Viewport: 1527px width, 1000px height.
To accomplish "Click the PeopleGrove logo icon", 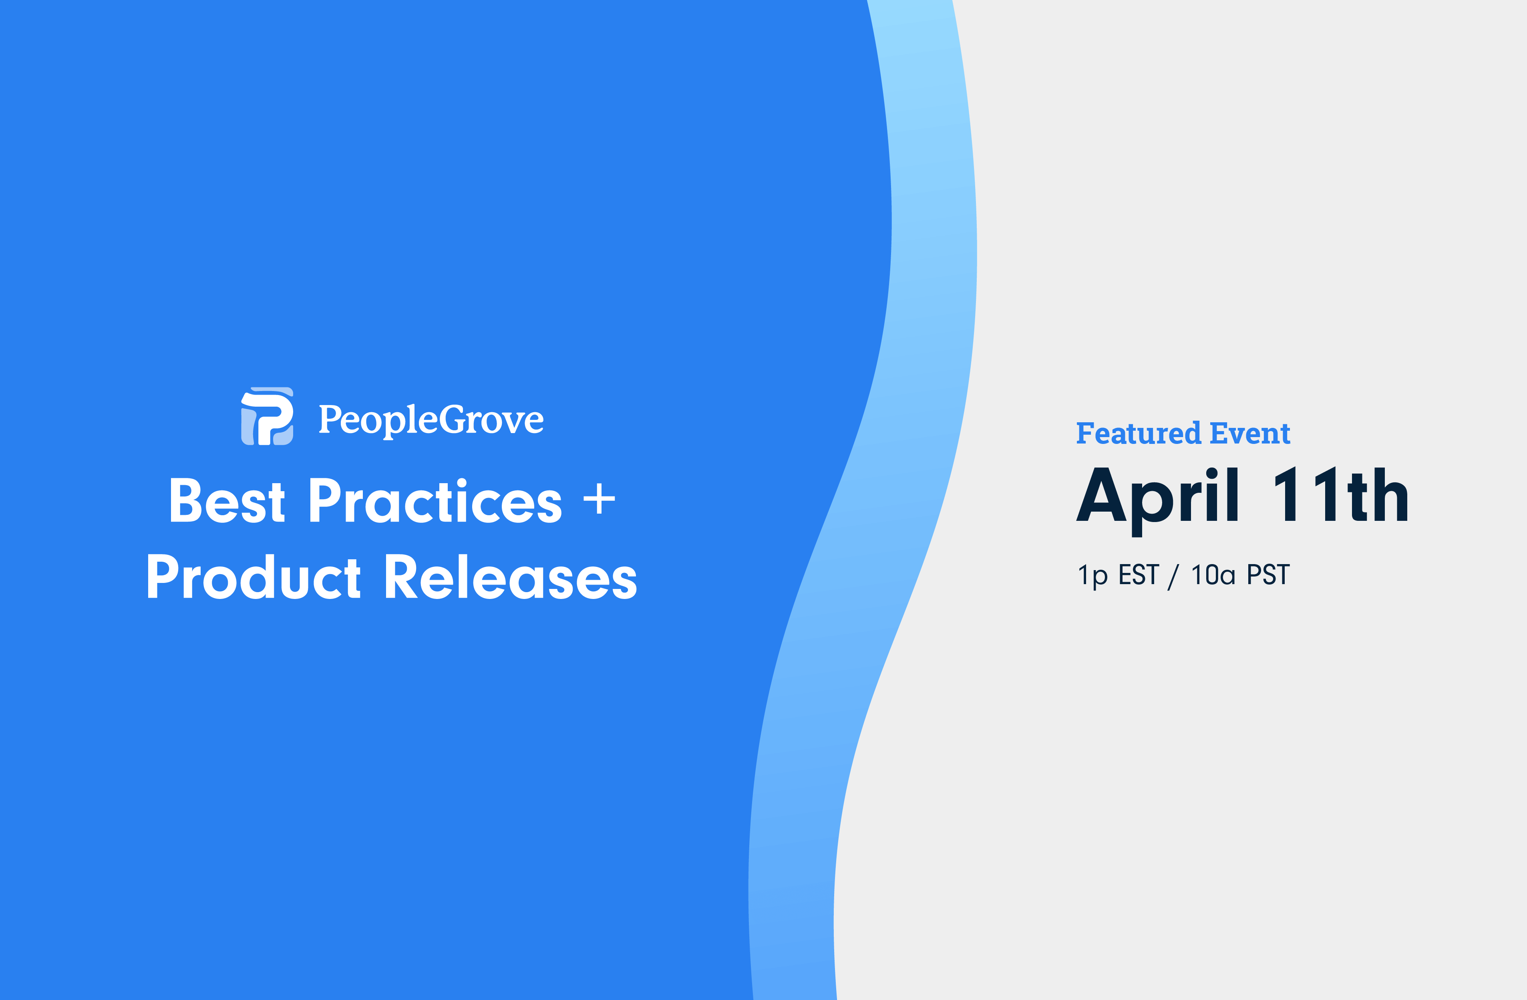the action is [267, 416].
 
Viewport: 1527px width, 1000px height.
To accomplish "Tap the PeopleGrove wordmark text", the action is [431, 420].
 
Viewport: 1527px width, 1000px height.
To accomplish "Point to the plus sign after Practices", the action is [599, 499].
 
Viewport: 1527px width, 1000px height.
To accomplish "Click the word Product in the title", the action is [254, 577].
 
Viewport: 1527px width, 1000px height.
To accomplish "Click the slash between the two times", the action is [1173, 576].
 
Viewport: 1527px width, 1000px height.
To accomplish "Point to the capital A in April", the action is [1101, 494].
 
